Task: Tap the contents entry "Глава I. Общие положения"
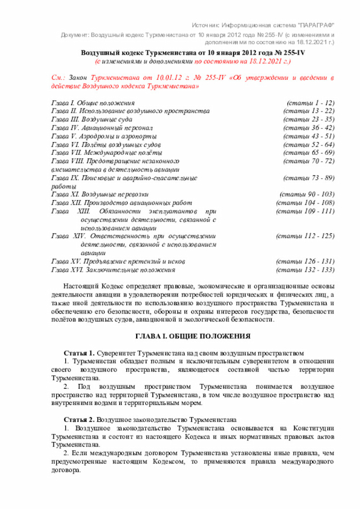pyautogui.click(x=93, y=103)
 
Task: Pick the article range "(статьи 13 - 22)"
pyautogui.click(x=309, y=111)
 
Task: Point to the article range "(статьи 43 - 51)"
pyautogui.click(x=309, y=136)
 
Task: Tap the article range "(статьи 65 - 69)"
pyautogui.click(x=309, y=152)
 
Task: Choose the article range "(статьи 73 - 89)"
pyautogui.click(x=309, y=178)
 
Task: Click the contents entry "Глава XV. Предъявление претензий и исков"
pyautogui.click(x=118, y=262)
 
